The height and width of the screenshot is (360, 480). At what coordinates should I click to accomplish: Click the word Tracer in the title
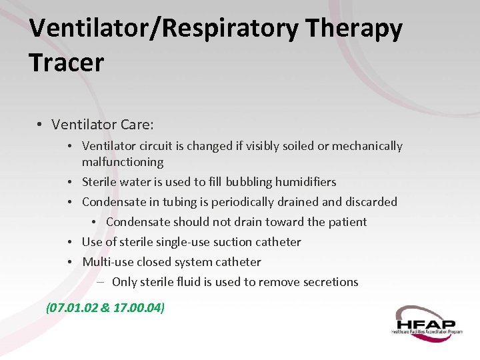[67, 62]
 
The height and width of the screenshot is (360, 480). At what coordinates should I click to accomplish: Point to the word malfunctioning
[123, 162]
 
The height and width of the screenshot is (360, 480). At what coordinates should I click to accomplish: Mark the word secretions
[326, 282]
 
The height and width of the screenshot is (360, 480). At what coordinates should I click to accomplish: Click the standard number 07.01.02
[71, 307]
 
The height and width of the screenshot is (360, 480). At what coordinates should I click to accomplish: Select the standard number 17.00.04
[137, 307]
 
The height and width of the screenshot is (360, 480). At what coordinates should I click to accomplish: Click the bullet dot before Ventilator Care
[41, 125]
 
